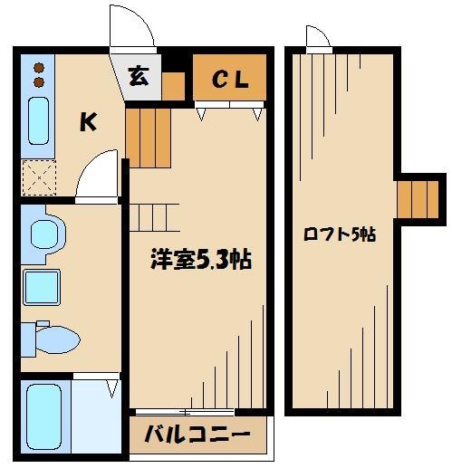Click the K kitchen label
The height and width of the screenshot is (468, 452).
click(88, 122)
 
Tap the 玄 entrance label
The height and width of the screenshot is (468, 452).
click(139, 77)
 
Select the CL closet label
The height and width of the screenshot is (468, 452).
click(230, 80)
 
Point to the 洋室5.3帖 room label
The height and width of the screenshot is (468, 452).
click(199, 260)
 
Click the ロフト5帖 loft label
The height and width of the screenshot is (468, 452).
click(340, 234)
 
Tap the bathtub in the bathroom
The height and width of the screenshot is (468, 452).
click(42, 415)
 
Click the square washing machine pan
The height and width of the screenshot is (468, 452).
click(42, 287)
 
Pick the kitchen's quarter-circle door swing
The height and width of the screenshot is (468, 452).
click(97, 177)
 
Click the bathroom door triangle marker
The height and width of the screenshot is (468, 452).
click(112, 388)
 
